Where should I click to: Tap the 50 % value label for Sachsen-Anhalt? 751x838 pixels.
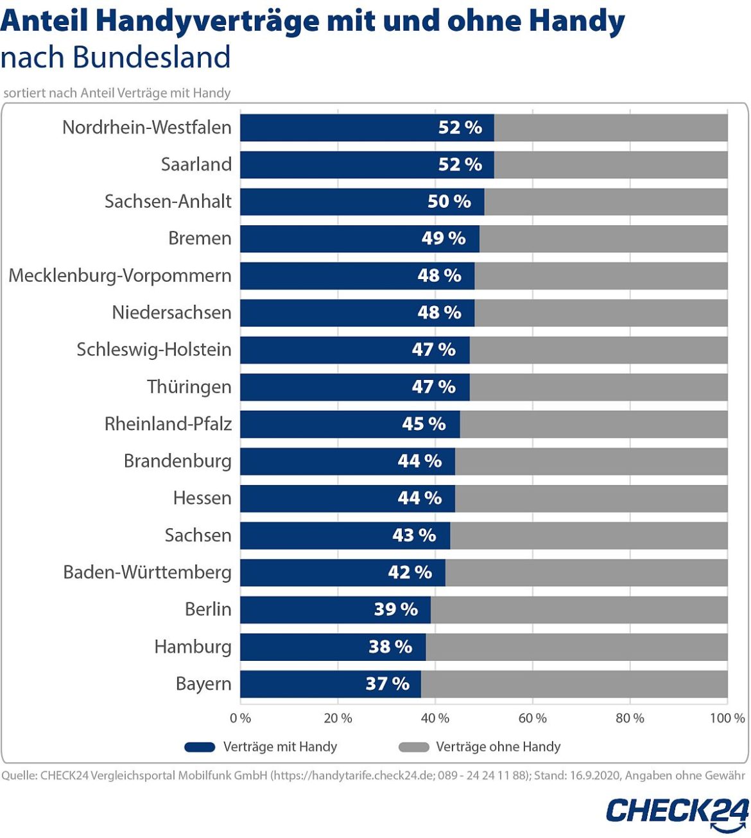[x=449, y=201]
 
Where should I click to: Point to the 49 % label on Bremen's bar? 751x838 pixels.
[x=444, y=239]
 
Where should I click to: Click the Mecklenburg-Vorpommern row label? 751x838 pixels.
[x=120, y=276]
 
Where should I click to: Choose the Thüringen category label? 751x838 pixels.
[x=189, y=387]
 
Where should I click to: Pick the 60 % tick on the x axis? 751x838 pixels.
[x=533, y=718]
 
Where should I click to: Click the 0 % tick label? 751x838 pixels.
[x=241, y=718]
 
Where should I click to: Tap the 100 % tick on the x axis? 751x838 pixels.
[x=727, y=718]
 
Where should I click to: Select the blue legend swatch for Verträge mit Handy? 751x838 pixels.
[x=200, y=747]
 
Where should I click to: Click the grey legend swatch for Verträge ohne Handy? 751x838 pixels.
[x=413, y=747]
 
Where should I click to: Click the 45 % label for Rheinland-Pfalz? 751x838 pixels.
[x=424, y=424]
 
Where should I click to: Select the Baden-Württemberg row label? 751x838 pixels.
[x=147, y=572]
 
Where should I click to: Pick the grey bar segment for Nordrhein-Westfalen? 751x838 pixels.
[x=610, y=128]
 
